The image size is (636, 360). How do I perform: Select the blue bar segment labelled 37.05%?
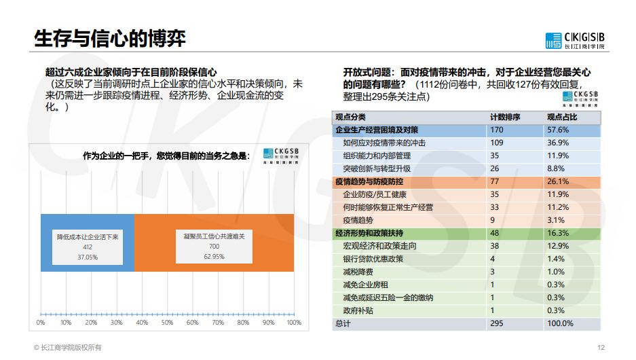87,242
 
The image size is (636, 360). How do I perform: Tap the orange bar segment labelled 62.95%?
214,242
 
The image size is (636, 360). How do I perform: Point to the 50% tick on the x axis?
167,323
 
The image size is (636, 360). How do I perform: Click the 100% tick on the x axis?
294,323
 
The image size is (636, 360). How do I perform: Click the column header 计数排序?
505,117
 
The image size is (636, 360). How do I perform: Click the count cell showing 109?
497,143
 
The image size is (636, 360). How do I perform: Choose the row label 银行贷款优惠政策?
373,259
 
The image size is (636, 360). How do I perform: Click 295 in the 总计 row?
497,324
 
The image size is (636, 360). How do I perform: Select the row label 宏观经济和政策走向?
379,246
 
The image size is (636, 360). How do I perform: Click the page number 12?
600,347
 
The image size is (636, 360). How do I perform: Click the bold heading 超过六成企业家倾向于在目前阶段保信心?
131,71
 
